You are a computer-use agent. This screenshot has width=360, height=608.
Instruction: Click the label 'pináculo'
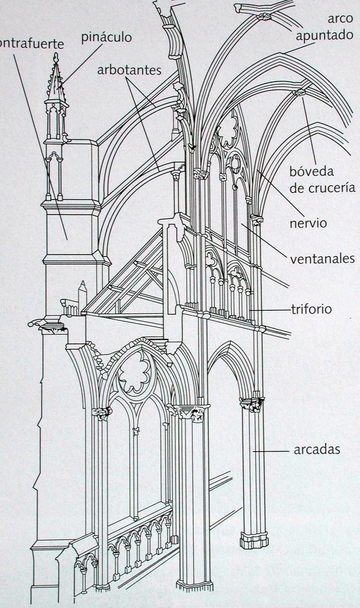107,38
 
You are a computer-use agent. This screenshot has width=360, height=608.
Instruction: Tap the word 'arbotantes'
129,70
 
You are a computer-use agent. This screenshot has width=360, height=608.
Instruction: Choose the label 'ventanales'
322,258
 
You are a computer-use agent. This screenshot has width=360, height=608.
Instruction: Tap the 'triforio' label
311,309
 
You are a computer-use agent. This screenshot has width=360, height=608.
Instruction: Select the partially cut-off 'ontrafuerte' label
32,43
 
